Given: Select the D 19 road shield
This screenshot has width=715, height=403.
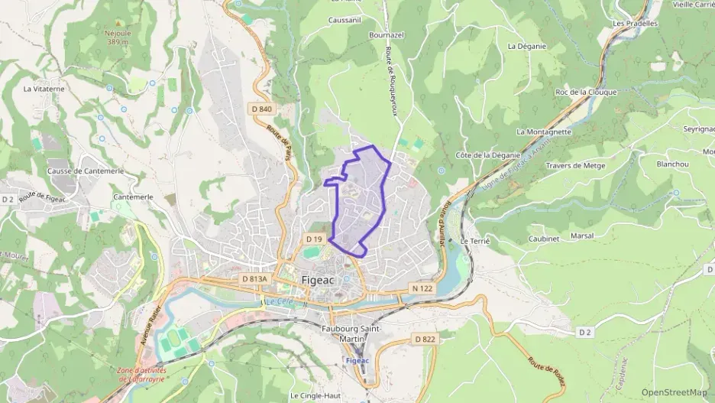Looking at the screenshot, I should tap(316, 239).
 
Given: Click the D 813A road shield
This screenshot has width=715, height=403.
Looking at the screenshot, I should tap(254, 279).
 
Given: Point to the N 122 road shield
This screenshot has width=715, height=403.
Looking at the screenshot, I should tap(422, 288).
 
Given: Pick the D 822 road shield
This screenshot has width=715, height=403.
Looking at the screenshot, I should tap(425, 338).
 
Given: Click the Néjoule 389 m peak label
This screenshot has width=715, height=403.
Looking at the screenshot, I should tap(117, 38).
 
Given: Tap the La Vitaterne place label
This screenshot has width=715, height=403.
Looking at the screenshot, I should tap(44, 89).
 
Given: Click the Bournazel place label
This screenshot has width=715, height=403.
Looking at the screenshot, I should tap(386, 35).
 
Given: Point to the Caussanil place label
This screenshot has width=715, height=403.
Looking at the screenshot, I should tap(344, 20).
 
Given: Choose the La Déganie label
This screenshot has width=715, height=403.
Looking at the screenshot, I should tap(527, 46).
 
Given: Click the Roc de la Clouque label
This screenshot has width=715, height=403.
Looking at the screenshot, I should tap(587, 92).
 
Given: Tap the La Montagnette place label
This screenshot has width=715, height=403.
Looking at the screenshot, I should tap(544, 132).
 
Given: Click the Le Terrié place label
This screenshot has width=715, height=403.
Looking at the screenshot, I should tap(474, 240).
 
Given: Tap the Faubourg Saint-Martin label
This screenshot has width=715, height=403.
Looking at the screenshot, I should tap(351, 333).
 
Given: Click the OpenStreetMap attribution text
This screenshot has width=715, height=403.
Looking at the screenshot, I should tap(674, 392).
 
